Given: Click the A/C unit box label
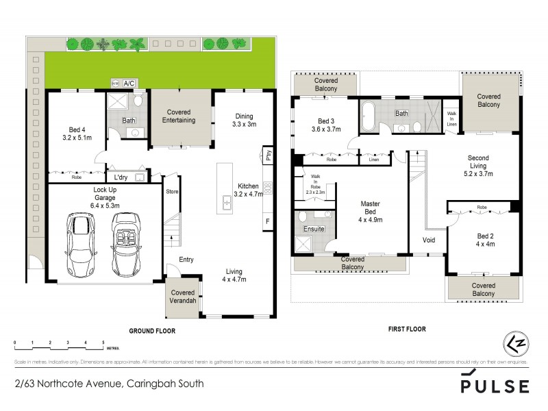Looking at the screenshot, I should [129, 83].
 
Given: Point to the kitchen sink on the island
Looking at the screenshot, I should [225, 201].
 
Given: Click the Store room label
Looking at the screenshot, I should [172, 191].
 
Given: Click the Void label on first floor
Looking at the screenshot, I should [429, 240].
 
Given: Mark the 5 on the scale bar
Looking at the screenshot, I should [103, 341].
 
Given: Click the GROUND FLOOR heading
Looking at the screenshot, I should [152, 330].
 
